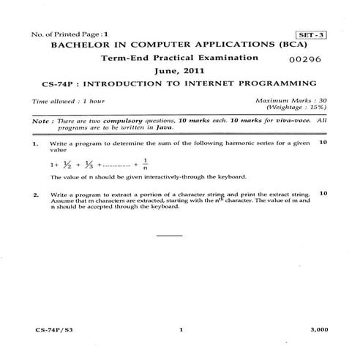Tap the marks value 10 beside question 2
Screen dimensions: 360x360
click(323, 193)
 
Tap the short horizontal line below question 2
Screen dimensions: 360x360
click(170, 236)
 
